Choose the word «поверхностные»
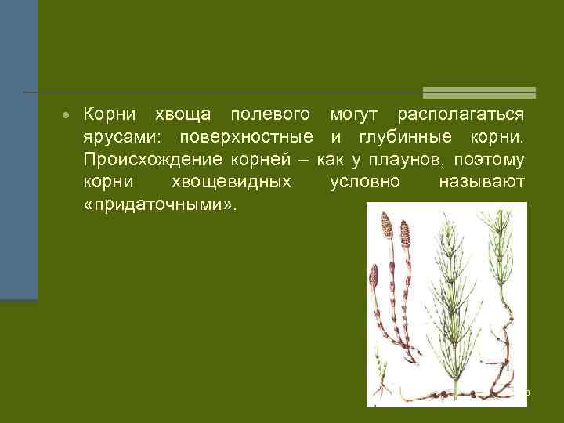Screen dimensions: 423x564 click(x=246, y=139)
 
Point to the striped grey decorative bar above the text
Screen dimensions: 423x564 click(x=479, y=92)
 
